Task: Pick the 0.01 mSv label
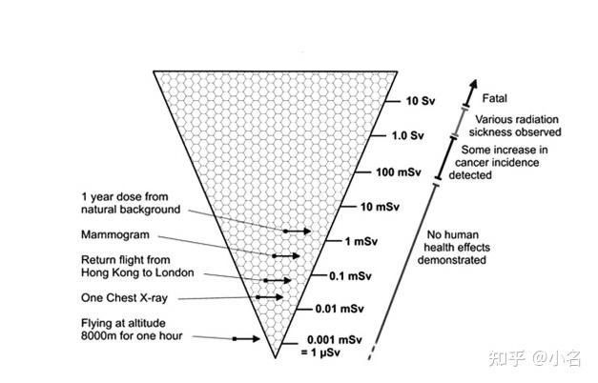click(x=339, y=309)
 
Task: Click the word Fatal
click(x=495, y=97)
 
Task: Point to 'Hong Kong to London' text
click(x=139, y=272)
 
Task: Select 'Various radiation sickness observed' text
click(x=517, y=126)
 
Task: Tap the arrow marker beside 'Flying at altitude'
click(x=245, y=338)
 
